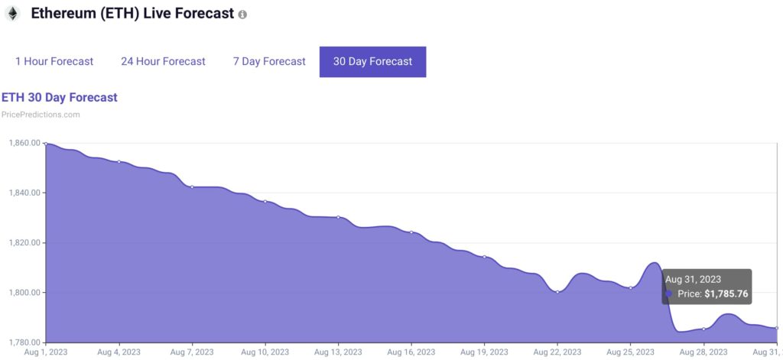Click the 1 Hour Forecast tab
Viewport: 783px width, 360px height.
(x=54, y=61)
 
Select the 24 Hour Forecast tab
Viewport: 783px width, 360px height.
(x=163, y=61)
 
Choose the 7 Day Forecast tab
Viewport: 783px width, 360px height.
(x=269, y=61)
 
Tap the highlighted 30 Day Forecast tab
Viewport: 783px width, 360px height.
(x=372, y=61)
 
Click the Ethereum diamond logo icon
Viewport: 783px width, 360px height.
(x=12, y=15)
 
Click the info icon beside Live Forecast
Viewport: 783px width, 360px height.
(x=242, y=15)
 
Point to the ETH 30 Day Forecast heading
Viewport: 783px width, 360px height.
(x=60, y=97)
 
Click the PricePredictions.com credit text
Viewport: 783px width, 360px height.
(x=41, y=115)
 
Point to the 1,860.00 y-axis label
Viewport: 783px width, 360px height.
(x=24, y=143)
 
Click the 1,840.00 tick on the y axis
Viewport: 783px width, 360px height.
(x=24, y=193)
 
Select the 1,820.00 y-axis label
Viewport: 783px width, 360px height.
(x=24, y=242)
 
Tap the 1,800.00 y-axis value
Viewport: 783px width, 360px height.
(x=24, y=293)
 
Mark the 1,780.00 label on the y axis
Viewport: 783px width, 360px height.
(x=24, y=342)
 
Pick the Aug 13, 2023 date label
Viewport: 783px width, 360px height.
(x=338, y=352)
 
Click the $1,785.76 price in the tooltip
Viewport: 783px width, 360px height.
(x=726, y=294)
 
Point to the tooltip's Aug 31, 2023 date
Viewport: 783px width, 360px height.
(x=693, y=279)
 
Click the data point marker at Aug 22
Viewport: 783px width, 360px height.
(x=557, y=292)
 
